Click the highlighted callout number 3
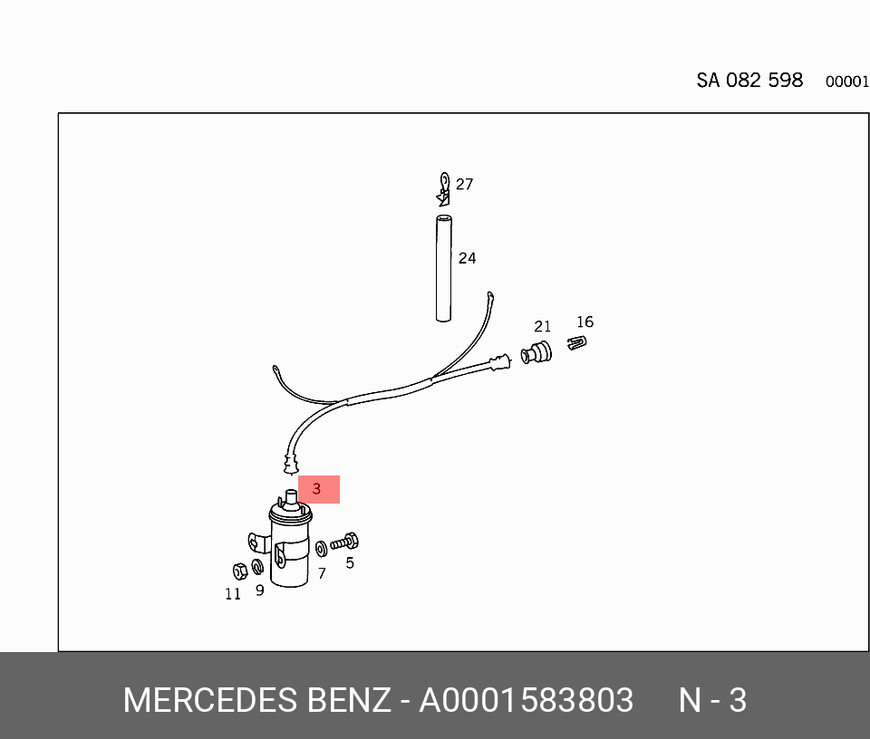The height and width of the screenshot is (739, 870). point(318,489)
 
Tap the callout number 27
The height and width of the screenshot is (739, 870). point(464,185)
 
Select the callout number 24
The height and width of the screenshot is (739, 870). point(467,259)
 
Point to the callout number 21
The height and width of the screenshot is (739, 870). point(542,327)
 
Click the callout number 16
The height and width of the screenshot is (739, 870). point(585,322)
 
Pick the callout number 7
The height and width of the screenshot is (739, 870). point(321,573)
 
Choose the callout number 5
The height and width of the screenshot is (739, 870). point(350,563)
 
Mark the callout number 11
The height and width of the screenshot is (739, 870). point(233,594)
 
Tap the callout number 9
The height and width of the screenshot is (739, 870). point(259,590)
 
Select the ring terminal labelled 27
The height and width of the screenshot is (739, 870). point(443,187)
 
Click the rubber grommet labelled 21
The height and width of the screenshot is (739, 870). point(537,353)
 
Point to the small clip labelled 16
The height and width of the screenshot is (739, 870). point(577,343)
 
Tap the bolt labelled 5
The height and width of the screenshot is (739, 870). point(345,543)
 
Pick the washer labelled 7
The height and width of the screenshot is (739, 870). point(321,549)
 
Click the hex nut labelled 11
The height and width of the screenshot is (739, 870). point(240,571)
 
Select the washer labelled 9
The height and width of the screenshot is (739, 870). point(256,568)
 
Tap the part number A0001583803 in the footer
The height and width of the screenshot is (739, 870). point(526,701)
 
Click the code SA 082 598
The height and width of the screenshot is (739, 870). point(749,81)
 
